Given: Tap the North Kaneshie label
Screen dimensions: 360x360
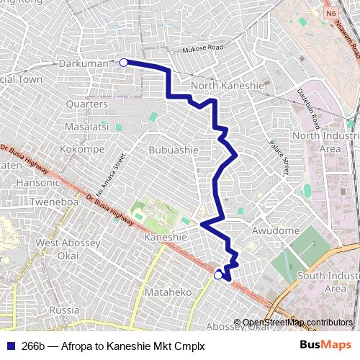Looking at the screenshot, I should click(x=223, y=87).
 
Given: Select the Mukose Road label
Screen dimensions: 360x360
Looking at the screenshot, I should click(x=202, y=48).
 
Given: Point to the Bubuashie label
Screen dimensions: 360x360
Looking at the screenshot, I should click(x=173, y=150).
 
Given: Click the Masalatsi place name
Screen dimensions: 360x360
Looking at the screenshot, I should click(x=86, y=127).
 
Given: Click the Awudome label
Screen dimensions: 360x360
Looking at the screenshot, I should click(x=275, y=230).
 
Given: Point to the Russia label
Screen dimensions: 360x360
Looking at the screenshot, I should click(x=65, y=310).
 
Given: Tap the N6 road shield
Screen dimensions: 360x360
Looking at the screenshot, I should click(x=330, y=14).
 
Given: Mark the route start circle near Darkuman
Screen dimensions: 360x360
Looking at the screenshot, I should click(x=123, y=63).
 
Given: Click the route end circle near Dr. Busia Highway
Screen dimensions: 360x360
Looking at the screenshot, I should click(x=218, y=274).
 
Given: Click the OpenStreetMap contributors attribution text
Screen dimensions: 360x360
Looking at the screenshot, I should click(x=297, y=322).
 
